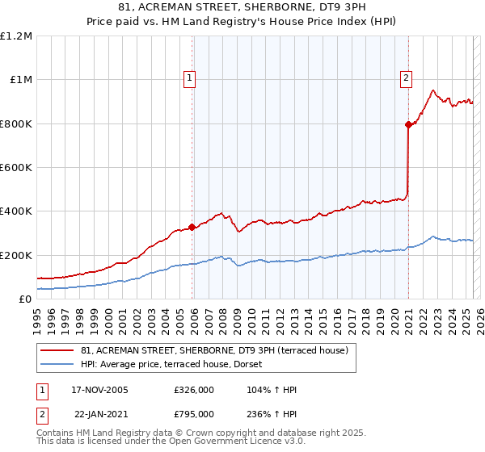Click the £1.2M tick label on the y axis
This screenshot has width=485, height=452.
[x=16, y=36]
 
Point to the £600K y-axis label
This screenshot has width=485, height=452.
[x=16, y=168]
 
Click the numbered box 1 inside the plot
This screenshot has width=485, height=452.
[x=189, y=78]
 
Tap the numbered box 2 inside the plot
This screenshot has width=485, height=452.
[x=405, y=78]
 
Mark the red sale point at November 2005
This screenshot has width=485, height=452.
[x=192, y=227]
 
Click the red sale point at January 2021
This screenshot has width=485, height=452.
[x=408, y=124]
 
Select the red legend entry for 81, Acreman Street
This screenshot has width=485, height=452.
[x=214, y=350]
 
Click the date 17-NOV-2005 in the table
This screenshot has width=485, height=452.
[x=100, y=390]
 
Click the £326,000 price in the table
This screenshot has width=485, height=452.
[x=193, y=390]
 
